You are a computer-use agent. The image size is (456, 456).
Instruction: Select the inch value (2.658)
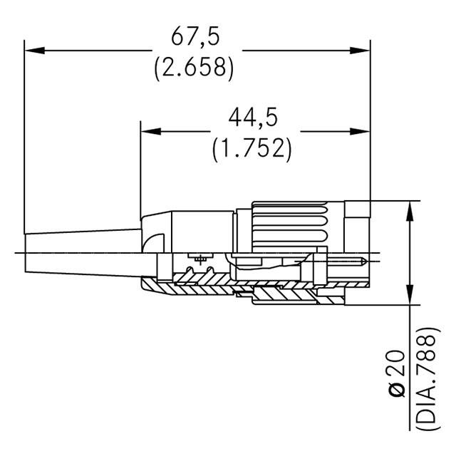[x=194, y=68]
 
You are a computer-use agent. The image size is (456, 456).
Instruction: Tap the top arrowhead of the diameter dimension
[x=410, y=211]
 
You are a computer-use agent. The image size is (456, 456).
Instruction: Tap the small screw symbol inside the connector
[x=200, y=259]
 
